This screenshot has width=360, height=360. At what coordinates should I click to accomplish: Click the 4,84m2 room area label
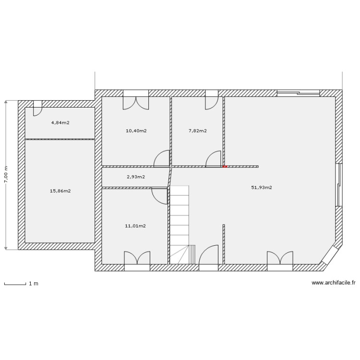(x=60, y=123)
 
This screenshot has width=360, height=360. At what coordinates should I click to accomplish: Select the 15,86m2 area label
(x=60, y=191)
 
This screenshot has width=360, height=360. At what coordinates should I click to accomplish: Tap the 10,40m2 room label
(x=136, y=131)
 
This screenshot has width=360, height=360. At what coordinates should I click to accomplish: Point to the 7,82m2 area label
(x=198, y=131)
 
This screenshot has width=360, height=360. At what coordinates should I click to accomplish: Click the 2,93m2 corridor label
(x=136, y=177)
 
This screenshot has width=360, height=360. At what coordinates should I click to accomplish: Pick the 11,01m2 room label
(x=136, y=226)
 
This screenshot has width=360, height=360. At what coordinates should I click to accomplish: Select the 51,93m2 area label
(x=262, y=188)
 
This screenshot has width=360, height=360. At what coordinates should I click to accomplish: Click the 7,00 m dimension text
(x=6, y=175)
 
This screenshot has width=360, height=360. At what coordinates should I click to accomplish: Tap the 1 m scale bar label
(x=34, y=284)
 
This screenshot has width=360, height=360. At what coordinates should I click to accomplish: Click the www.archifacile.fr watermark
(x=333, y=283)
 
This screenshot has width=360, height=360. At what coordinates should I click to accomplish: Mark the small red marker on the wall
(x=224, y=167)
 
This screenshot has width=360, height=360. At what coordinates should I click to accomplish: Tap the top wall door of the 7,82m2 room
(x=212, y=101)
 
